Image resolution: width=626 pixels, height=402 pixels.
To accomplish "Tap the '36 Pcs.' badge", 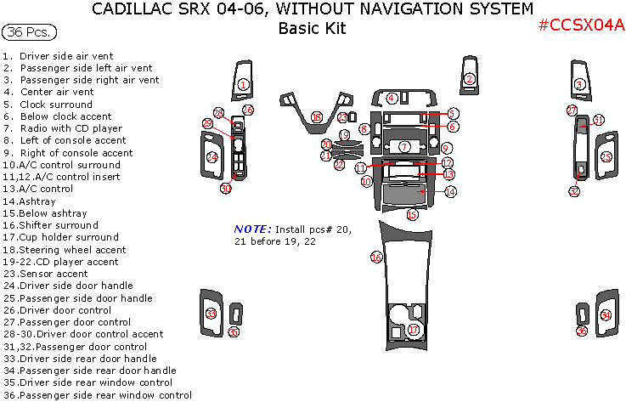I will [x=30, y=33].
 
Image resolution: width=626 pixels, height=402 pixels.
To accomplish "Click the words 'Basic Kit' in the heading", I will [x=312, y=28].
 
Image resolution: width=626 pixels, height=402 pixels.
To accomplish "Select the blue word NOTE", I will [x=252, y=229].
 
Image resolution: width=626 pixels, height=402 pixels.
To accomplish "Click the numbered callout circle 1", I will [x=243, y=84].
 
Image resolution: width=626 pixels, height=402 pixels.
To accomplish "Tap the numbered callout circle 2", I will [x=469, y=80].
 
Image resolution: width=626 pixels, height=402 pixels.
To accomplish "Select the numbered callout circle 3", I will [x=579, y=84].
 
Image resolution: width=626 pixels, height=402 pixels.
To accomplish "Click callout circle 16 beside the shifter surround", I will [x=376, y=257].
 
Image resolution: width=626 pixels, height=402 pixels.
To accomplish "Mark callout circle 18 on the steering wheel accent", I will [x=316, y=117].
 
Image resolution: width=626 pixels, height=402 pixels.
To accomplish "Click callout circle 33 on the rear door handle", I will [x=211, y=314].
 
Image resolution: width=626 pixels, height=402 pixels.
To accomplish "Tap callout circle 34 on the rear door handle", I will [x=606, y=316].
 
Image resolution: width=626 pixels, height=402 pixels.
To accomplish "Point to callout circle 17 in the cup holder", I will [x=413, y=329].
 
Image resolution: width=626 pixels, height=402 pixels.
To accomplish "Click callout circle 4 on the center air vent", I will [x=392, y=98].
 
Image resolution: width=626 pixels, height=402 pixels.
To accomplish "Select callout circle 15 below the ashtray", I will [x=412, y=215].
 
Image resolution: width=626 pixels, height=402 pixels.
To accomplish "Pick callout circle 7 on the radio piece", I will [x=405, y=147].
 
